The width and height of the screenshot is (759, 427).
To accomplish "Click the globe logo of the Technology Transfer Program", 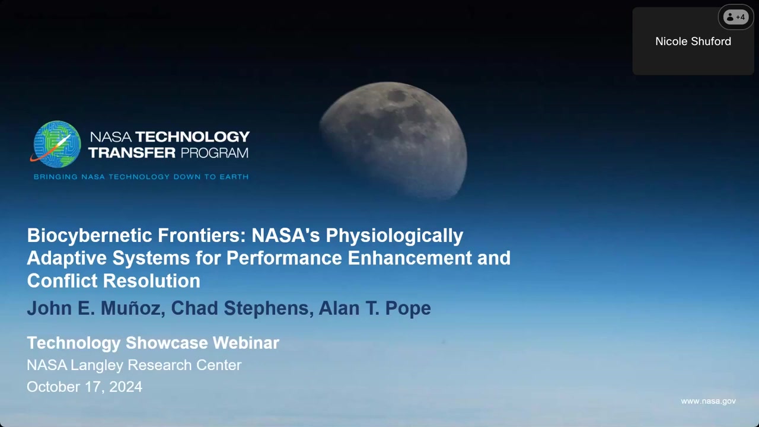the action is [56, 144].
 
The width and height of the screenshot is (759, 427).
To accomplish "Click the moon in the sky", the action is [394, 141].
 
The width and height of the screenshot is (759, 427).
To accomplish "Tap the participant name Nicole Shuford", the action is [693, 42].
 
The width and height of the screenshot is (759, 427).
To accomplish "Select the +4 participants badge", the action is [736, 17].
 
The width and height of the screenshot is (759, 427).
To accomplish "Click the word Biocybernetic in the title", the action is [90, 235].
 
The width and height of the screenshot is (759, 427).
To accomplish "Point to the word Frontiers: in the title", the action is [202, 235].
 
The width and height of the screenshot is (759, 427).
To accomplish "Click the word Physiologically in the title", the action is [394, 236].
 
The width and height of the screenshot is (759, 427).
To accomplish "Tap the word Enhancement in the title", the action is [410, 258].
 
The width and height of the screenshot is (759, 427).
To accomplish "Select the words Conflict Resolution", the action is [113, 281].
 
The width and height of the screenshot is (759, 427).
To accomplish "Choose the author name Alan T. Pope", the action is [375, 308].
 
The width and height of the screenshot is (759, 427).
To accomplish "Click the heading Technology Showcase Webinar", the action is [153, 343].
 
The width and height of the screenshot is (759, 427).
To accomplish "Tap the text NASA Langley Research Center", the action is [134, 365].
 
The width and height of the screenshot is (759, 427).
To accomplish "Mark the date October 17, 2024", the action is [84, 387].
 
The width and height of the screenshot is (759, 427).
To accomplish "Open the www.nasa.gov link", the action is [708, 401].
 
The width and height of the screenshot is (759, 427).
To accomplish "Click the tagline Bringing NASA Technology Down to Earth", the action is [141, 177].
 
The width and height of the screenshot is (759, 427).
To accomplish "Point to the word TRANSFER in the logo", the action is [132, 153].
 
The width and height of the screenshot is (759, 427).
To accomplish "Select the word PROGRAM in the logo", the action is [215, 153].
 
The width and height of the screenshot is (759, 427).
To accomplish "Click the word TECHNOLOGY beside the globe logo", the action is [193, 137].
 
